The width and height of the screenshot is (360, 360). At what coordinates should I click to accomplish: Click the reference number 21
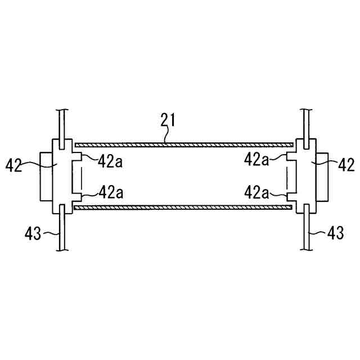[x=168, y=120]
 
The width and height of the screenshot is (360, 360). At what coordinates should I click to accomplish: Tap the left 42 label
[x=13, y=165]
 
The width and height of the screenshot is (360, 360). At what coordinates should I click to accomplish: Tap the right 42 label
[x=346, y=164]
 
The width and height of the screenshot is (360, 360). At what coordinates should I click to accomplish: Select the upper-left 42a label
[x=110, y=161]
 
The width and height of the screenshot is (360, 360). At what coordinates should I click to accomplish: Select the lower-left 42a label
[x=111, y=192]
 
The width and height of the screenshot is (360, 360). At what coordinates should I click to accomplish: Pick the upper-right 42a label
[x=256, y=159]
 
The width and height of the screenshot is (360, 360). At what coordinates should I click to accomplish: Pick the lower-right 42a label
[x=256, y=192]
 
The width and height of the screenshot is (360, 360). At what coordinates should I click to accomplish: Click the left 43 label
[x=33, y=233]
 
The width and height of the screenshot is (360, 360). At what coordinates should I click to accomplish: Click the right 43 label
[x=335, y=232]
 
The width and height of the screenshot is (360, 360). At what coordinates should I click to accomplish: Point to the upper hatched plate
[x=184, y=145]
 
